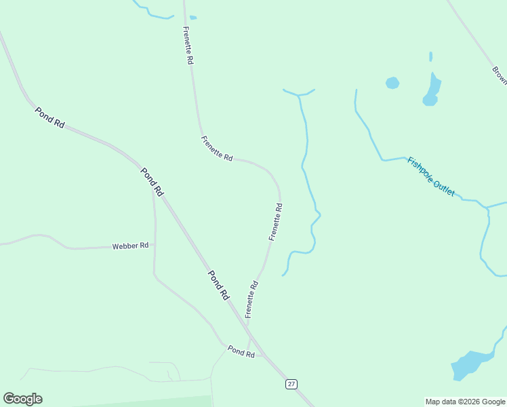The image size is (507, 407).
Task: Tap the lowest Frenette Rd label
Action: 251,299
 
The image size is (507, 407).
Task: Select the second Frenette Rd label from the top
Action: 217,148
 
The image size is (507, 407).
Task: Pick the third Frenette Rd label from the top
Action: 275,221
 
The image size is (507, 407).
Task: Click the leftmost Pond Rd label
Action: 50,117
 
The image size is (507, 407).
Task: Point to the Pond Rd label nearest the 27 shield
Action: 241,351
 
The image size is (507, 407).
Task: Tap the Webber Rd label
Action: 130,246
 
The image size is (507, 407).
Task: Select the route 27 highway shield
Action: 291,384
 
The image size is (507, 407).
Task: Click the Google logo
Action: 22,399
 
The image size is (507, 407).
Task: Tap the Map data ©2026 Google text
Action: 465,402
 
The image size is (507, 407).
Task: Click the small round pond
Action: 392,83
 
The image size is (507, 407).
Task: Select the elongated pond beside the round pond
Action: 432,89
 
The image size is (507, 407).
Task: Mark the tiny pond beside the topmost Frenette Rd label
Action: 193,18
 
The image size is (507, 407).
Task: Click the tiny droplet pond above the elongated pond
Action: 430,56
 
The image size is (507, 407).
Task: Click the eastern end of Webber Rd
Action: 154,245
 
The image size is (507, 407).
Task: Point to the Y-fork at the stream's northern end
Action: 298,96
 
